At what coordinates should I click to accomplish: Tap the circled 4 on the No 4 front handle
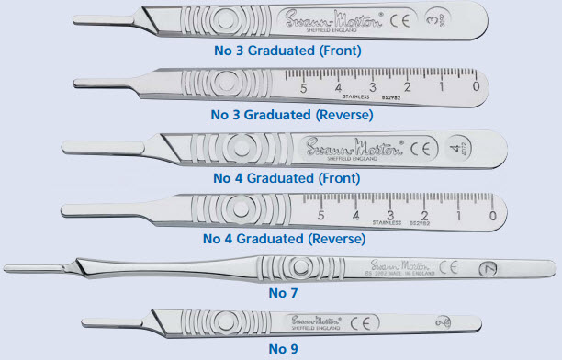[458, 147]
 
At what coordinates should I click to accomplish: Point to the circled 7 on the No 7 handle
[489, 269]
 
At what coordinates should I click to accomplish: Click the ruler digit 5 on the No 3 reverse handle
[304, 89]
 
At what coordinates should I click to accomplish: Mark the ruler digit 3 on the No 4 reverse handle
[391, 214]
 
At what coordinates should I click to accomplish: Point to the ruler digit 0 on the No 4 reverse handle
[492, 217]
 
